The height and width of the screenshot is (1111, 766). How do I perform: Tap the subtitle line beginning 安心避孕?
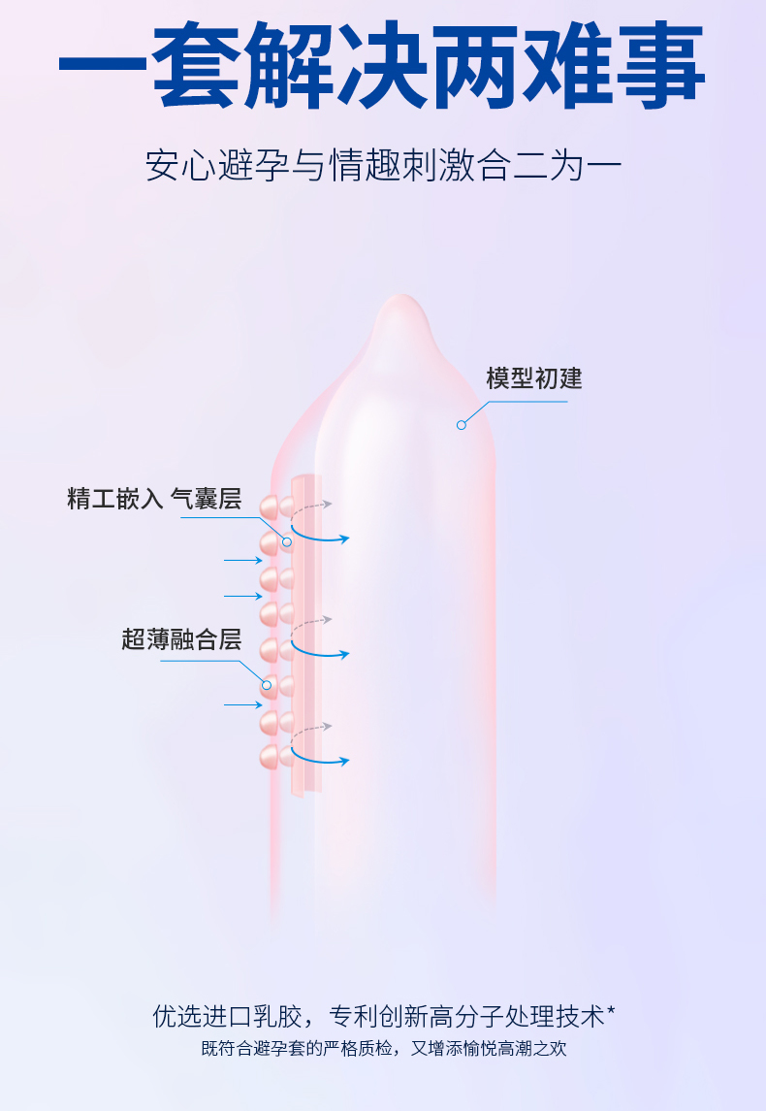(x=382, y=165)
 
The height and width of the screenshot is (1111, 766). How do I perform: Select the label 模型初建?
(x=534, y=377)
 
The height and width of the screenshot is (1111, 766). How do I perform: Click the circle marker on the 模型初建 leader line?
(x=462, y=424)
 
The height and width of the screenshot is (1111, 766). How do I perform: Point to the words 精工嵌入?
(x=114, y=500)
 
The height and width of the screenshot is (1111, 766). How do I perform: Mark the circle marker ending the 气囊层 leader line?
(x=287, y=540)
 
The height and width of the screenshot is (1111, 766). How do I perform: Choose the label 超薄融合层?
(x=181, y=640)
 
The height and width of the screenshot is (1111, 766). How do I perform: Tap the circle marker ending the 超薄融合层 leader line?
(x=267, y=685)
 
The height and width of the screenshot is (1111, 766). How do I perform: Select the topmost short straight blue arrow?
(x=243, y=560)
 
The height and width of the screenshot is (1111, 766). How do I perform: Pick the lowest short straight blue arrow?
(x=243, y=703)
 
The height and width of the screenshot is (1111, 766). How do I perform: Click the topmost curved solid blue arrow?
(x=320, y=534)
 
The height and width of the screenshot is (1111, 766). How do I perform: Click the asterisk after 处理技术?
(x=611, y=1011)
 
